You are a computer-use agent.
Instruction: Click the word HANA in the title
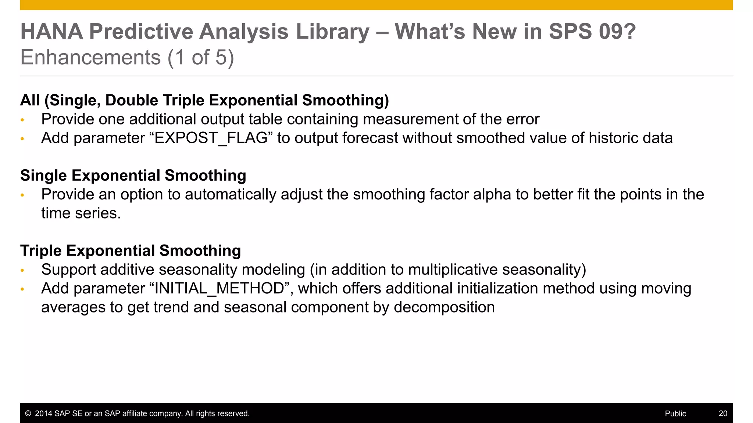52,32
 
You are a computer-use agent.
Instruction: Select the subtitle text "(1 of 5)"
201,58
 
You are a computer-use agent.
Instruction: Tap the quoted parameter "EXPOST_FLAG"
211,138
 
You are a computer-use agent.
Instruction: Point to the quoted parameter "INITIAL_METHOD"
219,289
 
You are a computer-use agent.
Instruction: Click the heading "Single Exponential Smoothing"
133,176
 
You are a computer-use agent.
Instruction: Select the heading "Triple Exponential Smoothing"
131,251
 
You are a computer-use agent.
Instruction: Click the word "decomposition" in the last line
444,308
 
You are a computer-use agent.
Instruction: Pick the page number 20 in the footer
723,413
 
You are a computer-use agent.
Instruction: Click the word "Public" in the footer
675,413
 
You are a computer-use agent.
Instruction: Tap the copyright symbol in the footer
28,413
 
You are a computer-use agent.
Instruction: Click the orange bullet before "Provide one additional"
22,120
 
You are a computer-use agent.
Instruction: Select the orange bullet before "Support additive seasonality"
22,271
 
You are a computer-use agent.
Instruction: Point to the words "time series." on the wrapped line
81,214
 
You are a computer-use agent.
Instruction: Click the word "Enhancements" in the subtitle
90,58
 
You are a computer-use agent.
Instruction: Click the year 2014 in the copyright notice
43,413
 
